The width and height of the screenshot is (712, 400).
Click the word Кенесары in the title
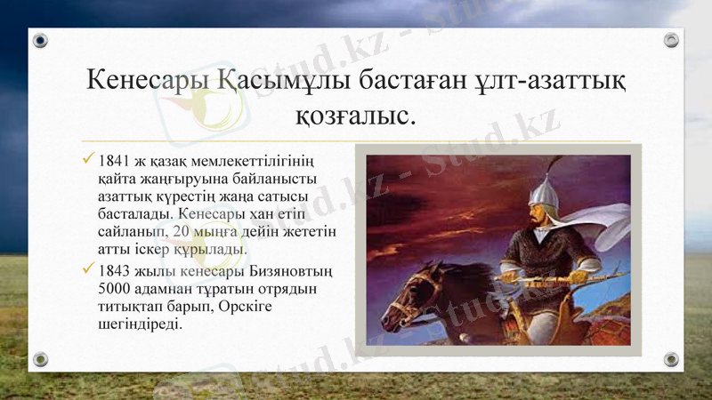pos(148,81)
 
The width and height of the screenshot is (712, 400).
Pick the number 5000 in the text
pos(116,289)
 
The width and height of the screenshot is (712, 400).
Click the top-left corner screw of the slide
pos(40,40)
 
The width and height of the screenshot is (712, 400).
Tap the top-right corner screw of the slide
pos(671,40)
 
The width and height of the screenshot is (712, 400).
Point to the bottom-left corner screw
pos(40,359)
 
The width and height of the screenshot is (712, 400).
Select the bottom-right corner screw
pos(671,359)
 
